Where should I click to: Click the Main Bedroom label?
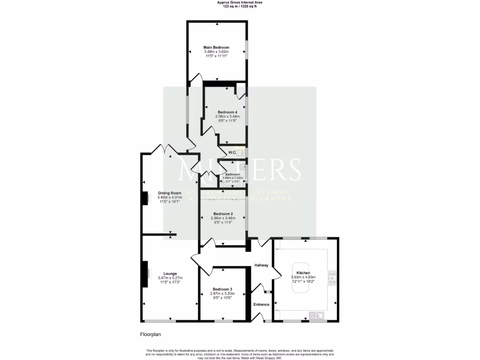point(216,47)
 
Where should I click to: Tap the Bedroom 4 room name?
point(227,112)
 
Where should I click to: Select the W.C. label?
point(232,153)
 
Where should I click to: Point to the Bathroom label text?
point(232,174)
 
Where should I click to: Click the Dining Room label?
point(169,193)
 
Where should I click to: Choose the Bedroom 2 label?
point(223,214)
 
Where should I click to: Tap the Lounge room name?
point(170,273)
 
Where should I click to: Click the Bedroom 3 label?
point(222,289)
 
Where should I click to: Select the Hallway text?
point(261,265)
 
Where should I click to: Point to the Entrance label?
point(262,305)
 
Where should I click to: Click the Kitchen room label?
point(303,272)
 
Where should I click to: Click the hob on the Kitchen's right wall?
point(332,278)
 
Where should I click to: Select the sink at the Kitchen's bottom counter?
point(317,315)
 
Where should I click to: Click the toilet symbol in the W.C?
point(240,153)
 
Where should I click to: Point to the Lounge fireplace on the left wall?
point(145,273)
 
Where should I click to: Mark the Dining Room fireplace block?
point(145,199)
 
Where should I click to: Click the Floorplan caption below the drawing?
point(150,335)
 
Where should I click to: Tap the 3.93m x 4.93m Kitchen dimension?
point(303,277)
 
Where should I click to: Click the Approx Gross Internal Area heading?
point(240,2)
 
